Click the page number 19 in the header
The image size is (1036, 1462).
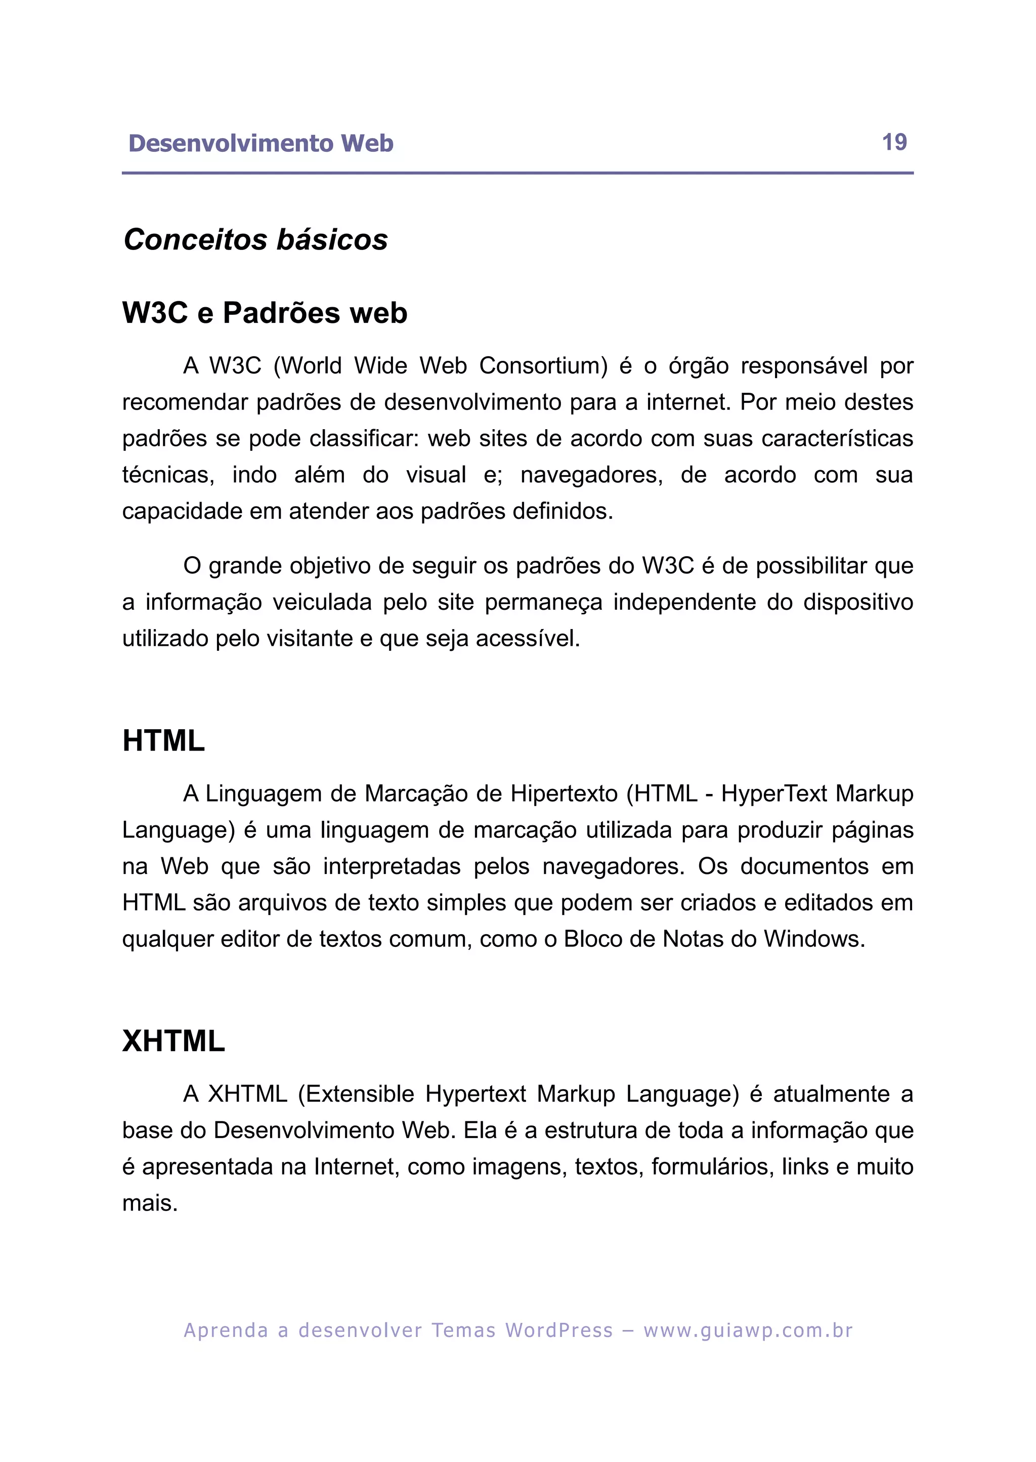[894, 142]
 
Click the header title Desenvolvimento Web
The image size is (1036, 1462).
[261, 144]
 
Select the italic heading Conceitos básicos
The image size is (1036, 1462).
[255, 240]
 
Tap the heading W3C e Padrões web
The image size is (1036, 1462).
[265, 313]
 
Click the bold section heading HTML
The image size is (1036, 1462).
[163, 741]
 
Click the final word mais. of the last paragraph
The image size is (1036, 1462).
[150, 1203]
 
